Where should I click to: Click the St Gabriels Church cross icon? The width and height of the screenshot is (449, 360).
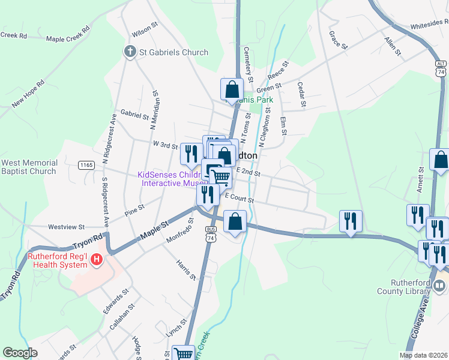click(130, 52)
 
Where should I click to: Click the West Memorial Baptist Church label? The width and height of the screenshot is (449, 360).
click(30, 167)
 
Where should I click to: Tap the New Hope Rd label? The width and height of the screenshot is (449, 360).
click(28, 92)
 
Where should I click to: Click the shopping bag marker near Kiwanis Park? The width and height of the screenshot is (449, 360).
click(232, 90)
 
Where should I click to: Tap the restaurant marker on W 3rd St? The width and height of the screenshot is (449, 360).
click(191, 154)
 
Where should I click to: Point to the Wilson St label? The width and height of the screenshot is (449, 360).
click(144, 28)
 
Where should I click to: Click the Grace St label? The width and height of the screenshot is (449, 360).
click(339, 40)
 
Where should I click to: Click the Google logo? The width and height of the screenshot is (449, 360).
click(20, 353)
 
